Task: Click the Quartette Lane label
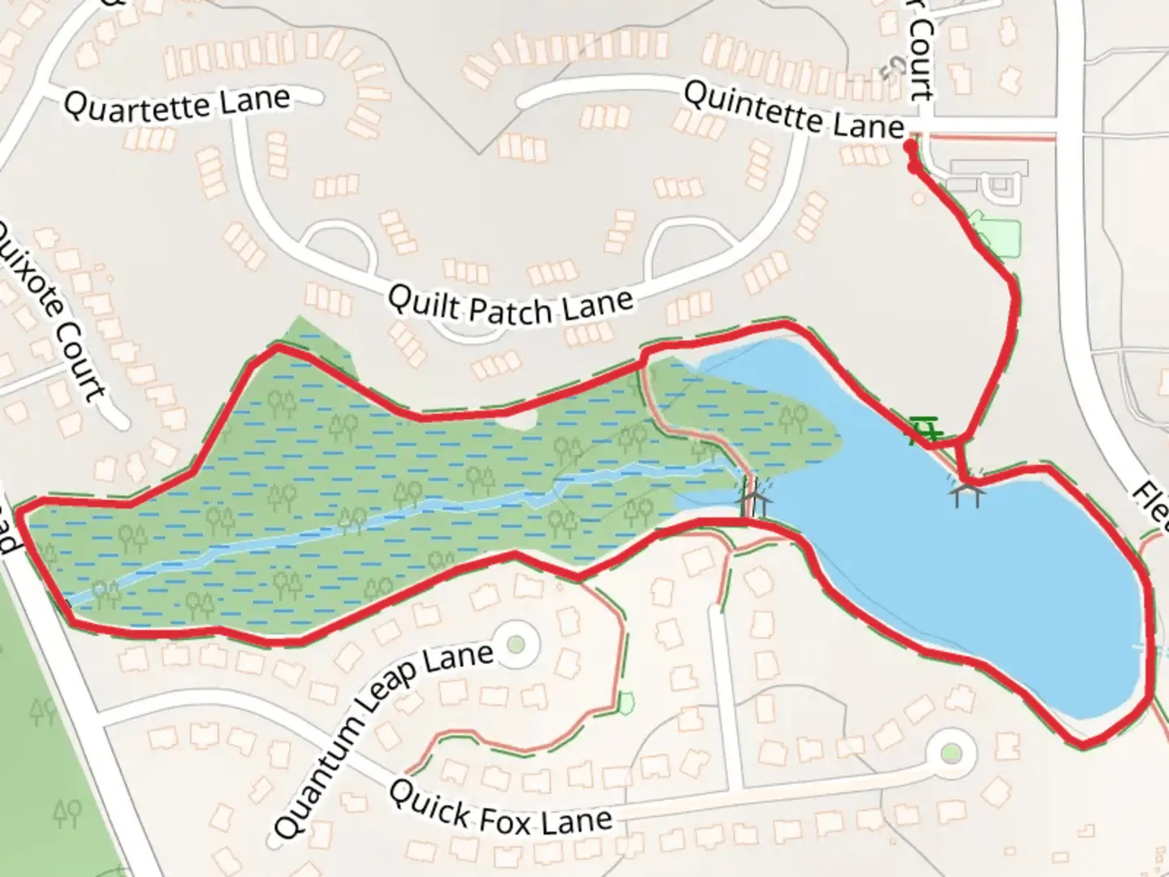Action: pyautogui.click(x=176, y=105)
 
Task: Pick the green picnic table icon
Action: pyautogui.click(x=924, y=430)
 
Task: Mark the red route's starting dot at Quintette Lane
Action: pyautogui.click(x=911, y=147)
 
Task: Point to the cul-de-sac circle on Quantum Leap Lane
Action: pyautogui.click(x=515, y=645)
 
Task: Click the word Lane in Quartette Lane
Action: pyautogui.click(x=252, y=101)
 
